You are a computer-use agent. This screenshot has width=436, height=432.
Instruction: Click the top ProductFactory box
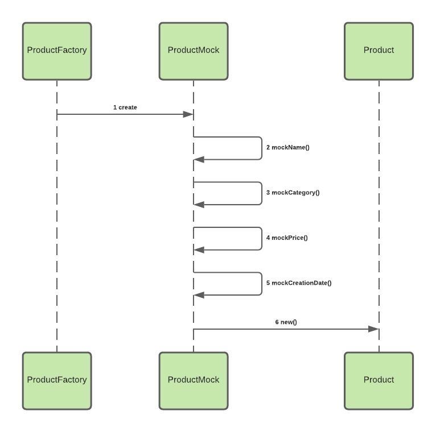pyautogui.click(x=57, y=51)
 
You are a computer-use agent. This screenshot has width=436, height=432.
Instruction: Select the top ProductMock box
pyautogui.click(x=194, y=51)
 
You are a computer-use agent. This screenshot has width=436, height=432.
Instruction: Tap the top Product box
pyautogui.click(x=379, y=51)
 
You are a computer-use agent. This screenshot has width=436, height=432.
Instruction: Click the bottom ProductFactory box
pyautogui.click(x=57, y=380)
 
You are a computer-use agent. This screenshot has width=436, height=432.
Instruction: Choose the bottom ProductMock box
pyautogui.click(x=194, y=380)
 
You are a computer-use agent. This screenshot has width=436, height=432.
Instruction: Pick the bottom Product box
pyautogui.click(x=379, y=380)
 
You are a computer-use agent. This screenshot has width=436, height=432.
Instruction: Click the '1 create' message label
pyautogui.click(x=125, y=107)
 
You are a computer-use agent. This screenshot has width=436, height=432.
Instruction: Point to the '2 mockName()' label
pyautogui.click(x=287, y=147)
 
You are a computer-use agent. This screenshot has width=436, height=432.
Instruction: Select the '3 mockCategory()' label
pyautogui.click(x=293, y=192)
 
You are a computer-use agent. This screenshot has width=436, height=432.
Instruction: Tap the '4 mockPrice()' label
pyautogui.click(x=287, y=238)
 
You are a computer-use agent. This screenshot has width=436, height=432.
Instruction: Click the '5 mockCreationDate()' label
pyautogui.click(x=298, y=283)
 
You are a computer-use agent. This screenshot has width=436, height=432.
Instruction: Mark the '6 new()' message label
pyautogui.click(x=286, y=322)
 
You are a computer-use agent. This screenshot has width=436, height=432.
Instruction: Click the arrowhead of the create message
pyautogui.click(x=188, y=114)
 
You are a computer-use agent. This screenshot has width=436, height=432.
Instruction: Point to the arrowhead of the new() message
pyautogui.click(x=373, y=329)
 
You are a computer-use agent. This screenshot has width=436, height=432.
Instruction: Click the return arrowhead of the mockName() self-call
pyautogui.click(x=199, y=160)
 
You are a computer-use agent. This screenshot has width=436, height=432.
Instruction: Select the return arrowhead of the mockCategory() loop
pyautogui.click(x=199, y=205)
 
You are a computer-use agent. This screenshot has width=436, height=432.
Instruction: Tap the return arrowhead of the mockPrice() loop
pyautogui.click(x=199, y=250)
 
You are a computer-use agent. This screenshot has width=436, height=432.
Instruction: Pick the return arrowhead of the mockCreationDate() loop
pyautogui.click(x=199, y=295)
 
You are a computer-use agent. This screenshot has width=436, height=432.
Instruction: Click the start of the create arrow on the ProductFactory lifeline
pyautogui.click(x=57, y=114)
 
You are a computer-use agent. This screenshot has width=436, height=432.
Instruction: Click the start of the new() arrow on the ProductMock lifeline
pyautogui.click(x=194, y=329)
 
